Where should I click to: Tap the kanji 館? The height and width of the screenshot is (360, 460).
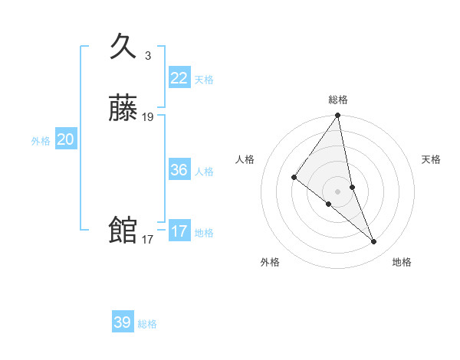(x=123, y=230)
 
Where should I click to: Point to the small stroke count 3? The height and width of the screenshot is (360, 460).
(x=147, y=56)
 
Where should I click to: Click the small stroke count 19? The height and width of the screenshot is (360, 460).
(x=148, y=117)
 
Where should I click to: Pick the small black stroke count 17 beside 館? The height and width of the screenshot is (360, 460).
(x=147, y=240)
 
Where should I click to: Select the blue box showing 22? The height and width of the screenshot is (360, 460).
(x=179, y=78)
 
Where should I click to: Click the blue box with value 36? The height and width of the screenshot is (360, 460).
(x=179, y=170)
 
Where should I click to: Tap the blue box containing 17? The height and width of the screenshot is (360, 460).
(x=179, y=231)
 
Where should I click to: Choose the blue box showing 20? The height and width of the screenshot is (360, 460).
(x=66, y=139)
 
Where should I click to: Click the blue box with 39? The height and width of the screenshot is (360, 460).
(x=123, y=322)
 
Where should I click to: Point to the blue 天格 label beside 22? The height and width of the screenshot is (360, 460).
(x=204, y=80)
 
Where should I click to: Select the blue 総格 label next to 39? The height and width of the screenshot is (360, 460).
(x=147, y=324)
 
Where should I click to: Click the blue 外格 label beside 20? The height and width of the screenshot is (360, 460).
(x=41, y=141)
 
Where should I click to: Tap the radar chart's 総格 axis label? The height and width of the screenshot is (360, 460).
(x=338, y=100)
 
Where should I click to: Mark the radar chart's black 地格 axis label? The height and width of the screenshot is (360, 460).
(x=402, y=262)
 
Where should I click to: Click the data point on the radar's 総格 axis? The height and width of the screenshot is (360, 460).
(x=338, y=116)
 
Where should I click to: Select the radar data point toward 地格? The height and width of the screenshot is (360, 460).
(x=374, y=242)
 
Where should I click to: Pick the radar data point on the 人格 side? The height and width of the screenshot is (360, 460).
(x=294, y=177)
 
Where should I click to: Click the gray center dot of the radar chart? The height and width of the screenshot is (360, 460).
(x=338, y=191)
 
